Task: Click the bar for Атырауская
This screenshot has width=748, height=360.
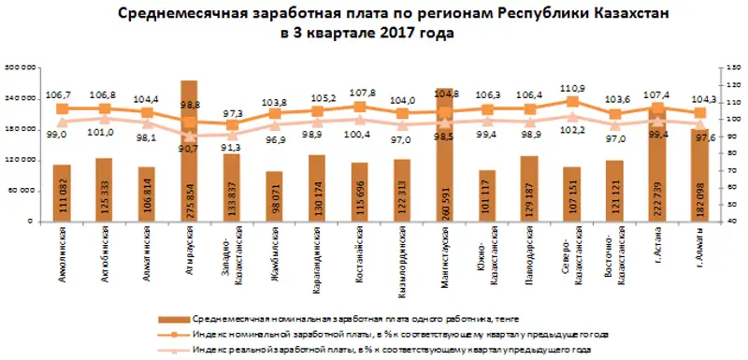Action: pyautogui.click(x=189, y=150)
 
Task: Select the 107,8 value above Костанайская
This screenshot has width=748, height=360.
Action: pyautogui.click(x=360, y=94)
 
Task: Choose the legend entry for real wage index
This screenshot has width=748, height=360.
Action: pyautogui.click(x=393, y=349)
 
